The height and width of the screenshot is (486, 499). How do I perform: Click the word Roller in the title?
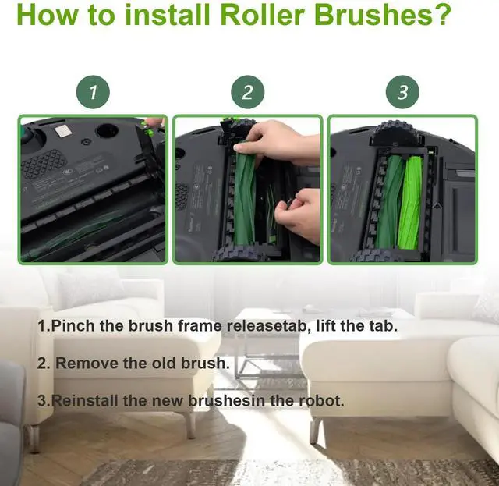[x=262, y=15]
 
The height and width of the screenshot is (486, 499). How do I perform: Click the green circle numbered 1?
[x=93, y=92]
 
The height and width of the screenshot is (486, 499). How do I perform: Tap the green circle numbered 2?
[x=248, y=92]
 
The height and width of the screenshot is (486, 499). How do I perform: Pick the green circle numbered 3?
[x=402, y=92]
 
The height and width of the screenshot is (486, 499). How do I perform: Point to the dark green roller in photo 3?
[x=392, y=200]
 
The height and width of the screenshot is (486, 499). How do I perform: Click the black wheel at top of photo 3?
[x=396, y=131]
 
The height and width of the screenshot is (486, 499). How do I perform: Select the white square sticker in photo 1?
[x=62, y=130]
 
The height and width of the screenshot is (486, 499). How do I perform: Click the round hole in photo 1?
[x=108, y=130]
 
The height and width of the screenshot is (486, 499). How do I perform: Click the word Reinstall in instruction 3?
[x=84, y=400]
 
